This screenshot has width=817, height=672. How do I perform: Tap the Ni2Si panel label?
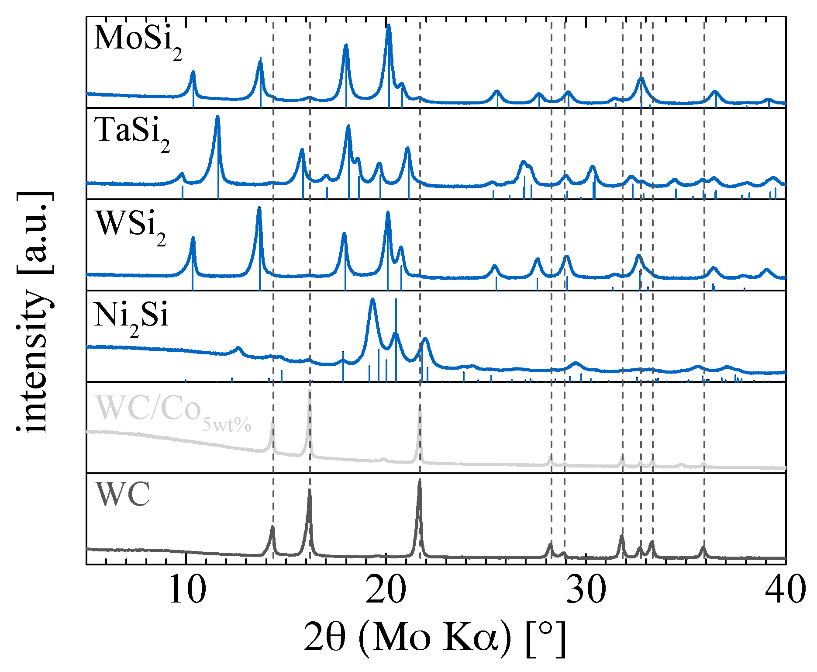coord(131,317)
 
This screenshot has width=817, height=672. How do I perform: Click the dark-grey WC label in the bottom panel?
coord(123,495)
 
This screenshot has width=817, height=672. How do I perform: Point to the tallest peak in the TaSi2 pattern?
coord(217,118)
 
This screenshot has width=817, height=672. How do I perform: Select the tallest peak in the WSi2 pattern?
coord(259,209)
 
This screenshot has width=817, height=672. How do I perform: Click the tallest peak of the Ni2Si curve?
coord(372,300)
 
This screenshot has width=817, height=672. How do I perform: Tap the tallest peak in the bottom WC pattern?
coord(420,481)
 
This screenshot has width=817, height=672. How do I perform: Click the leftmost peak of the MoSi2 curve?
coord(193,73)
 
